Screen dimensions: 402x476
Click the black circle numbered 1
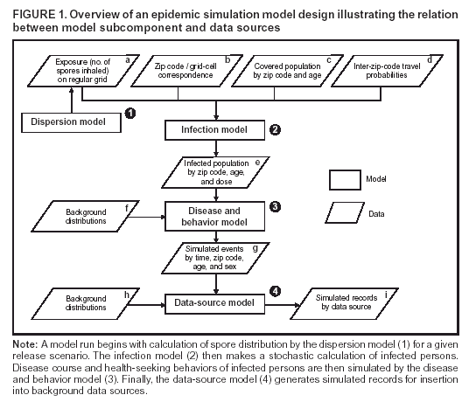pos(129,114)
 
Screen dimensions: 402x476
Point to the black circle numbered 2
pos(275,131)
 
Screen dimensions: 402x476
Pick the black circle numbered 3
pos(275,207)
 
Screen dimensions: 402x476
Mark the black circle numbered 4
pos(275,290)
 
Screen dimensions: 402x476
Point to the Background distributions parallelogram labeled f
pos(87,215)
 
